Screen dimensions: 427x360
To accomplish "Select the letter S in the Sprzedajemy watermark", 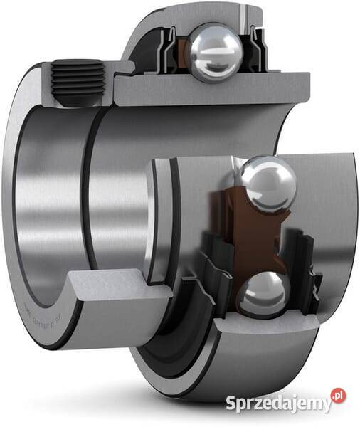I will (231, 404).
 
